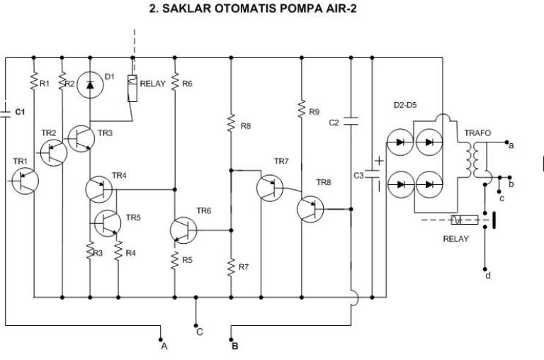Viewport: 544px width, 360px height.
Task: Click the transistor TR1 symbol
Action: point(25,181)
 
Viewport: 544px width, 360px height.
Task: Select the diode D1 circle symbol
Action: point(90,84)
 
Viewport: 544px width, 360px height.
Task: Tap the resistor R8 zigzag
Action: point(231,123)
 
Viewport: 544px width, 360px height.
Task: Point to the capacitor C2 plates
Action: point(351,121)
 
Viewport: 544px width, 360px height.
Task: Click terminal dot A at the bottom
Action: point(161,339)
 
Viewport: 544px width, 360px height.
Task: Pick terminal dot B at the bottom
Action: point(231,339)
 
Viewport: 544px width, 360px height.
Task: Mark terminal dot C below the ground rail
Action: point(195,325)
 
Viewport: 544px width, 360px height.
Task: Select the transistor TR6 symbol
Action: point(183,230)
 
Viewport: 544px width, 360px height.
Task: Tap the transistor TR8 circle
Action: point(310,209)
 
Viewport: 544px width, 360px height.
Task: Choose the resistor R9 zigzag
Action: point(302,108)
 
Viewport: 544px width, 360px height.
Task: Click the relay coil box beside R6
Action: point(132,88)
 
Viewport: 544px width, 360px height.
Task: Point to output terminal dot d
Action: point(485,269)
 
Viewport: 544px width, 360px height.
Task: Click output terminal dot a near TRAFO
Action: point(506,142)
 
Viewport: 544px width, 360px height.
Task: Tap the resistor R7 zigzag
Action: point(231,267)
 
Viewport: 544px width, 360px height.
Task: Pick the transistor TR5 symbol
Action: point(108,223)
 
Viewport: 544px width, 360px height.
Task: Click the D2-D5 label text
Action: point(405,105)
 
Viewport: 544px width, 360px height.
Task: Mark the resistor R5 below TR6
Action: point(174,260)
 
